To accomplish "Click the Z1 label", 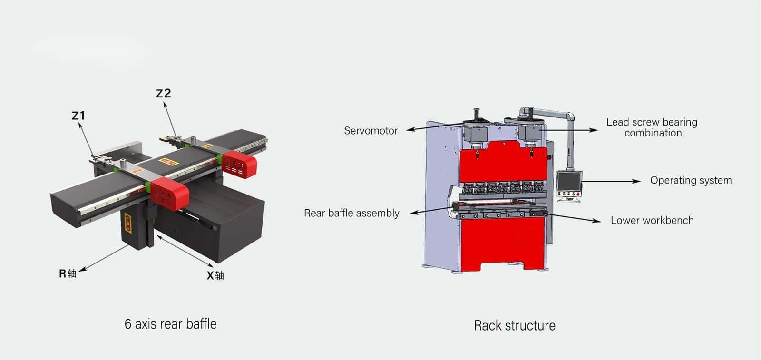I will click(x=78, y=116).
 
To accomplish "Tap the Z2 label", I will click(x=163, y=93).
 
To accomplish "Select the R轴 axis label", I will click(x=68, y=273).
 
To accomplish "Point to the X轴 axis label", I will click(x=215, y=275).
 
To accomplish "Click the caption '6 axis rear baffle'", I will click(x=170, y=324).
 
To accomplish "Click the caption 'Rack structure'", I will click(x=514, y=325).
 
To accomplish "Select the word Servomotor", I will click(x=371, y=131).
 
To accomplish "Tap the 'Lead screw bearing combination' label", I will click(x=652, y=127).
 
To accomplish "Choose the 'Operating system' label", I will click(x=691, y=180).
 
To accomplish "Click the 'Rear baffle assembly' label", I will click(x=351, y=213).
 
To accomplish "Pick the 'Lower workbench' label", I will click(x=652, y=220).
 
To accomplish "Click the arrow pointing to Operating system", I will click(x=611, y=181).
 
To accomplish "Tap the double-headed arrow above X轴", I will click(x=185, y=250).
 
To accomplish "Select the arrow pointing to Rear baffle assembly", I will click(x=430, y=210).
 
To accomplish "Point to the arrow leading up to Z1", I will click(x=87, y=139).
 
